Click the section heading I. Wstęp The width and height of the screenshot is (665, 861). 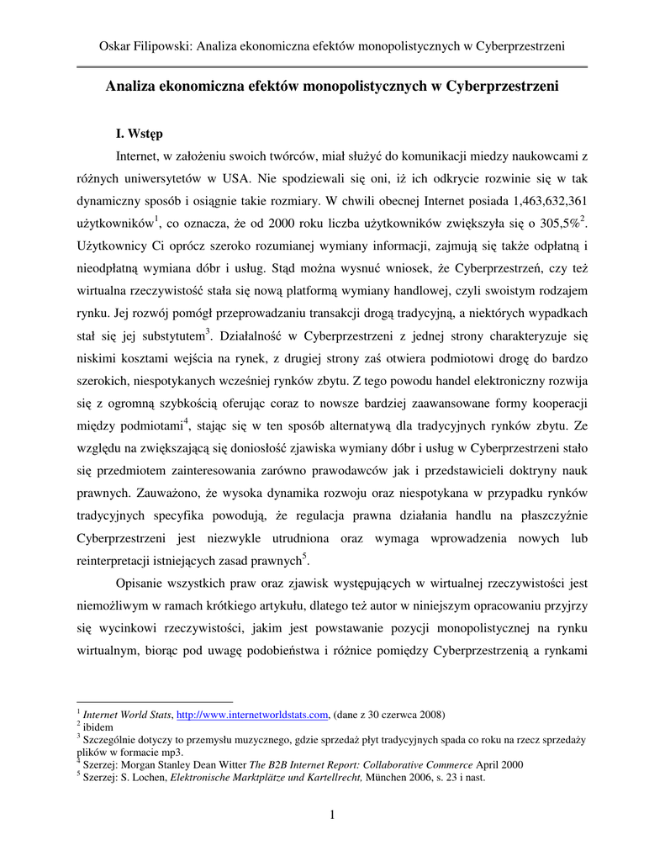pos(140,133)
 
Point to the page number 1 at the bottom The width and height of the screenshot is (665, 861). pos(333,815)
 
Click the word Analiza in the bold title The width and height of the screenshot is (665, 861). pos(129,86)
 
